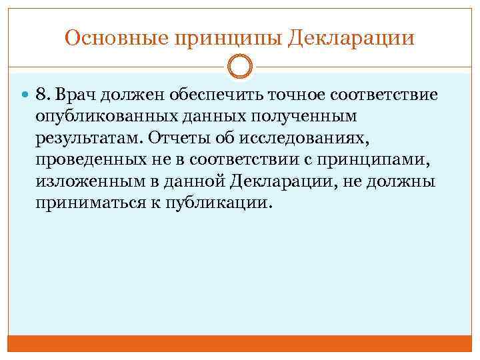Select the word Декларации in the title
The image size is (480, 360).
[351, 38]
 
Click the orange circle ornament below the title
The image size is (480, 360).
[240, 67]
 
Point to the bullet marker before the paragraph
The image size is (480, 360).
[25, 95]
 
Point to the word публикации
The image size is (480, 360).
[219, 203]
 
